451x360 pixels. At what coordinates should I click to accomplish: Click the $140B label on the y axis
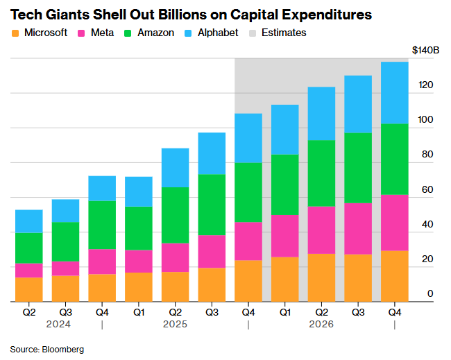pyautogui.click(x=425, y=51)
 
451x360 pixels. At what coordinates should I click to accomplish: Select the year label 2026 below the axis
pyautogui.click(x=322, y=324)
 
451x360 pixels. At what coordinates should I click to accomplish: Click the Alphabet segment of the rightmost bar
pyautogui.click(x=395, y=92)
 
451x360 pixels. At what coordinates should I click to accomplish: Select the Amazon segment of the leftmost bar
pyautogui.click(x=29, y=248)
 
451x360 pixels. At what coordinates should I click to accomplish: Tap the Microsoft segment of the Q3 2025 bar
pyautogui.click(x=212, y=284)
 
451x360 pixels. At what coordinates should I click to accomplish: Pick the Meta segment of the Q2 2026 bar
pyautogui.click(x=321, y=230)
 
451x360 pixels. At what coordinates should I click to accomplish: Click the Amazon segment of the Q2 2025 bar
pyautogui.click(x=175, y=215)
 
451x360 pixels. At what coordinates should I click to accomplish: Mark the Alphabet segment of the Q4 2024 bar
pyautogui.click(x=102, y=188)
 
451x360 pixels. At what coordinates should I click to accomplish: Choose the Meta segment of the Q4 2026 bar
pyautogui.click(x=395, y=223)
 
